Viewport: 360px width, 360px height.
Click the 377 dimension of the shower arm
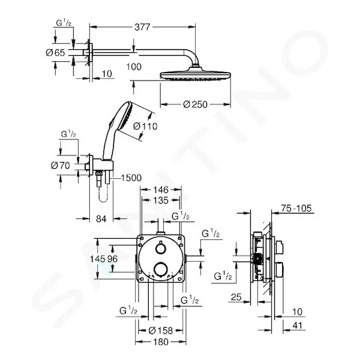point(142,27)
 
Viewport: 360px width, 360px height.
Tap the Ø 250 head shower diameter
point(196,104)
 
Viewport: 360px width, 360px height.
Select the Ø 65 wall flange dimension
point(56,53)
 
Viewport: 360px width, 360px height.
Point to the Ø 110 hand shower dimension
point(145,126)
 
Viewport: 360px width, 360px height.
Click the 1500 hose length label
point(131,178)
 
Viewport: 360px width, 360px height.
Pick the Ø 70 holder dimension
point(61,166)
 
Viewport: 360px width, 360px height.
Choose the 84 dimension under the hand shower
point(101,219)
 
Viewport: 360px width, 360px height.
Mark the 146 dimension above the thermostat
point(161,190)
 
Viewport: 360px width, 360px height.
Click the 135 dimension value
point(161,200)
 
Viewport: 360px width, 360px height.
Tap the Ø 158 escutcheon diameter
point(161,331)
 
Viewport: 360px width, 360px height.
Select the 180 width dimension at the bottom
point(161,342)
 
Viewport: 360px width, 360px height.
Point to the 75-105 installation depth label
point(296,208)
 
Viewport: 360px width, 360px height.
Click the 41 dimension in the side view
point(298,325)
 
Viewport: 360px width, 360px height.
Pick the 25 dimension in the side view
point(236,297)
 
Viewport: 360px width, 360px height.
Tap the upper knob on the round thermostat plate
point(160,248)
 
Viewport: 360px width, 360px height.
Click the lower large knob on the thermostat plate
point(160,270)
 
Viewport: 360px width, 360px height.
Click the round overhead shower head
point(195,75)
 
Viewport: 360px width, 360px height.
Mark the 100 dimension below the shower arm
point(134,67)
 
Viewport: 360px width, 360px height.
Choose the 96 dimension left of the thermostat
point(113,259)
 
